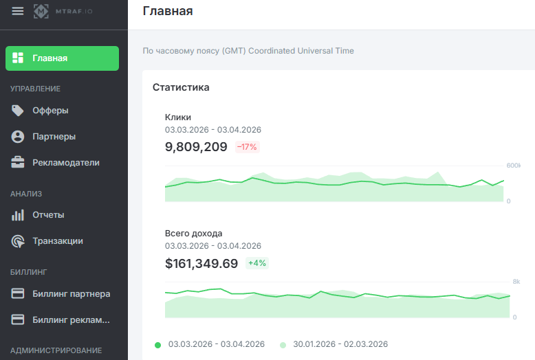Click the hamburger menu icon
tap(18, 11)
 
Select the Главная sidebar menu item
tap(62, 58)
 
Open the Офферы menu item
tap(50, 111)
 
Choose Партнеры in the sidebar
tap(54, 137)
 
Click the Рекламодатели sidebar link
tap(65, 163)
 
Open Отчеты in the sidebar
tap(48, 215)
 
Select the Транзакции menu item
tap(57, 241)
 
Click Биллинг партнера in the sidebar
tap(71, 294)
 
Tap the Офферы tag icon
tap(19, 111)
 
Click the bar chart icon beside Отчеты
tap(19, 215)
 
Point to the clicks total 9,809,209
tap(196, 146)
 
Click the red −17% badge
tap(247, 146)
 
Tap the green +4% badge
tap(257, 263)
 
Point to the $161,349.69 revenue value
tap(201, 263)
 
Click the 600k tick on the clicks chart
tap(514, 166)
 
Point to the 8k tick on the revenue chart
tap(516, 282)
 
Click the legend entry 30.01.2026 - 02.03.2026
tap(340, 344)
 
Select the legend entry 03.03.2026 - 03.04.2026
tap(216, 344)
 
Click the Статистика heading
tap(181, 87)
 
